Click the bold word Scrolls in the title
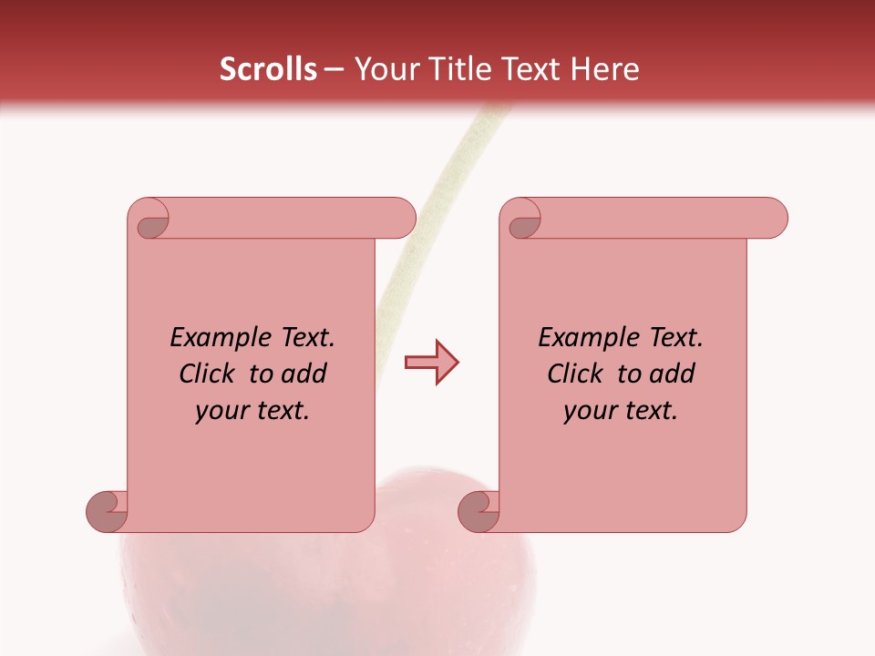tap(268, 69)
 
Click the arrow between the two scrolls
tap(432, 363)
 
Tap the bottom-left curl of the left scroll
tap(107, 510)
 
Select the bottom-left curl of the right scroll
tap(479, 510)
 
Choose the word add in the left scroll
tap(304, 374)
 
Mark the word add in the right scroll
tap(672, 374)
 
